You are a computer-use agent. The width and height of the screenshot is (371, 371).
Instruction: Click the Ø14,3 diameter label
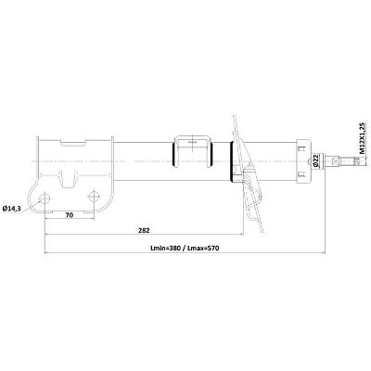coord(12,209)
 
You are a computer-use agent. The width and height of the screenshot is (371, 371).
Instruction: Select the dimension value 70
coord(70,215)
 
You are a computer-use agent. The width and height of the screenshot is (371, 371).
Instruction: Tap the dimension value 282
coord(144,230)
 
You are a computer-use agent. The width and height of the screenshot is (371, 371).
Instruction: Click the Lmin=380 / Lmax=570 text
coord(185,248)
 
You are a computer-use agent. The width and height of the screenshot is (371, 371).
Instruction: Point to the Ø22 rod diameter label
coord(315,160)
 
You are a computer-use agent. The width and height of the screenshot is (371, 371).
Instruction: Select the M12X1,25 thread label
coord(363,138)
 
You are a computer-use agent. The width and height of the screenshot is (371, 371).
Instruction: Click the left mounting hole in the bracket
coord(45,198)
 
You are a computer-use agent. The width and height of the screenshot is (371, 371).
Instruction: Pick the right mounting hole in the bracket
coord(94,197)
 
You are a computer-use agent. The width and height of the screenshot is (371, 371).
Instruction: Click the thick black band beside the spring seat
coord(231,161)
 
